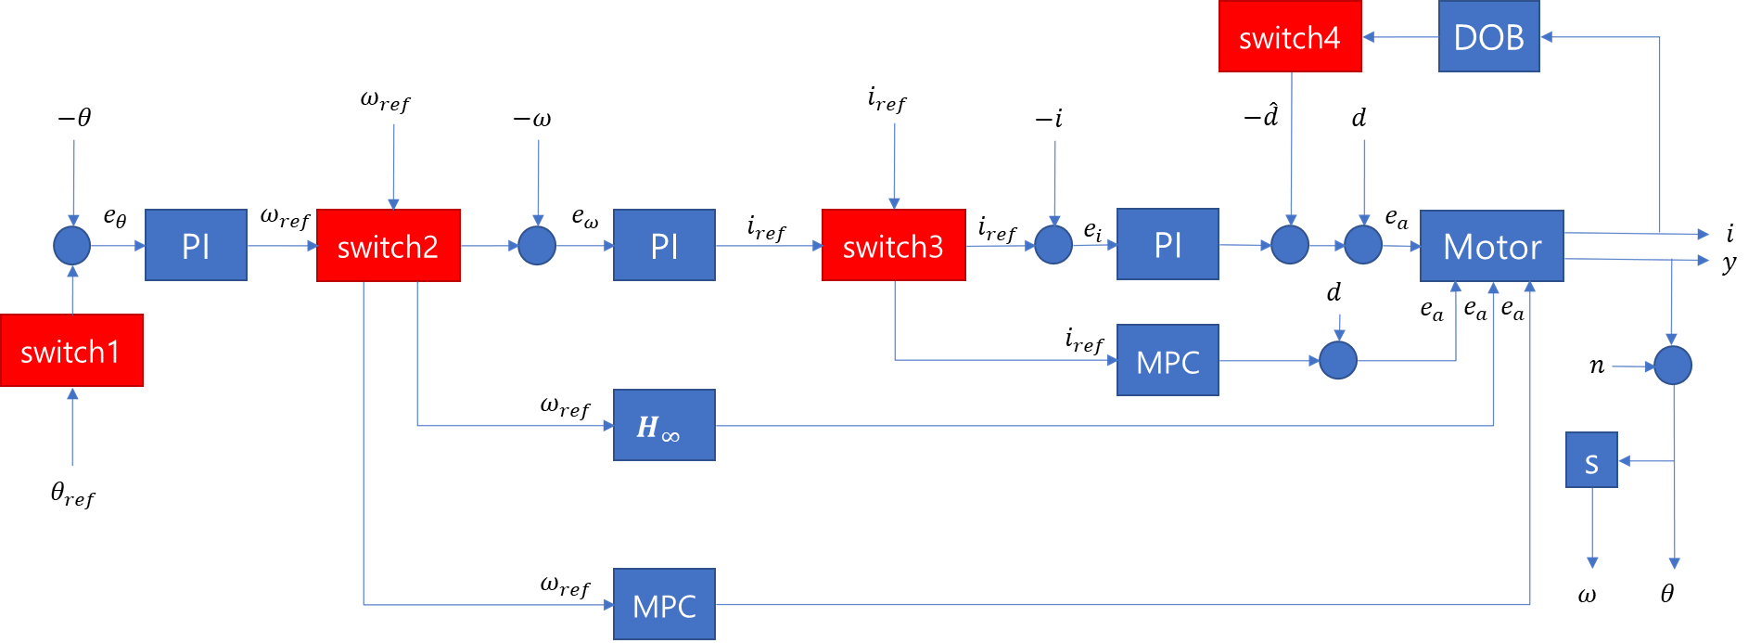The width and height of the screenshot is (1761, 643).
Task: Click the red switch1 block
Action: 71,351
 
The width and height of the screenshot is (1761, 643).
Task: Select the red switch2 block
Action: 388,246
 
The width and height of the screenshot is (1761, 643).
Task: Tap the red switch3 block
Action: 893,246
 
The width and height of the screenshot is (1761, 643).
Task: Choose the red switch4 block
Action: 1289,37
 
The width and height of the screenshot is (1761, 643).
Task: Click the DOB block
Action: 1488,37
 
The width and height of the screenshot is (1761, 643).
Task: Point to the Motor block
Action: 1491,246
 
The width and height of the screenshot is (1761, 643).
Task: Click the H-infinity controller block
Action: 664,425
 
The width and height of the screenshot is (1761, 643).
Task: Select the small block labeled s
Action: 1591,460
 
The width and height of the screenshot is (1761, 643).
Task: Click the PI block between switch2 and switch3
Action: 664,246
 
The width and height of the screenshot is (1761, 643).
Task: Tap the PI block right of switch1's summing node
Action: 196,246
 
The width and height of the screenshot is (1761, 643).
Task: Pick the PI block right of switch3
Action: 1168,245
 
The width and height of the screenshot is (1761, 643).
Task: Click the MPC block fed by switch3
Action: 1168,361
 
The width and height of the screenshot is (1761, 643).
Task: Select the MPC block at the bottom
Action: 664,605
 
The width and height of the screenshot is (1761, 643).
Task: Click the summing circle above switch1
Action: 71,246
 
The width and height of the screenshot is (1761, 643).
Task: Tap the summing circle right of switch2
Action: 537,246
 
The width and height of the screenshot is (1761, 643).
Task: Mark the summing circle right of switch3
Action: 1053,246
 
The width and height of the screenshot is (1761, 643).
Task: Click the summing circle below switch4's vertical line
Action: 1290,246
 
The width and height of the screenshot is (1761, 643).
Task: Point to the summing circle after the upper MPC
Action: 1338,361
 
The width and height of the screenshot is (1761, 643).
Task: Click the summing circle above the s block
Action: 1673,366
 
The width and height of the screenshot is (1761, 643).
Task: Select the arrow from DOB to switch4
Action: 1400,37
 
